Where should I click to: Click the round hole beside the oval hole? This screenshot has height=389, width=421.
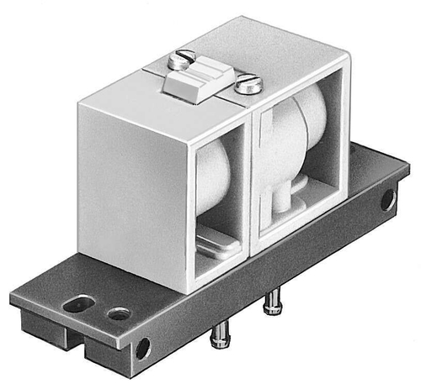click(119, 314)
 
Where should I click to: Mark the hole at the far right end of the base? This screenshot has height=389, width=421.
click(387, 200)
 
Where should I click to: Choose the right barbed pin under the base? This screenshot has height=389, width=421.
click(272, 304)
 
